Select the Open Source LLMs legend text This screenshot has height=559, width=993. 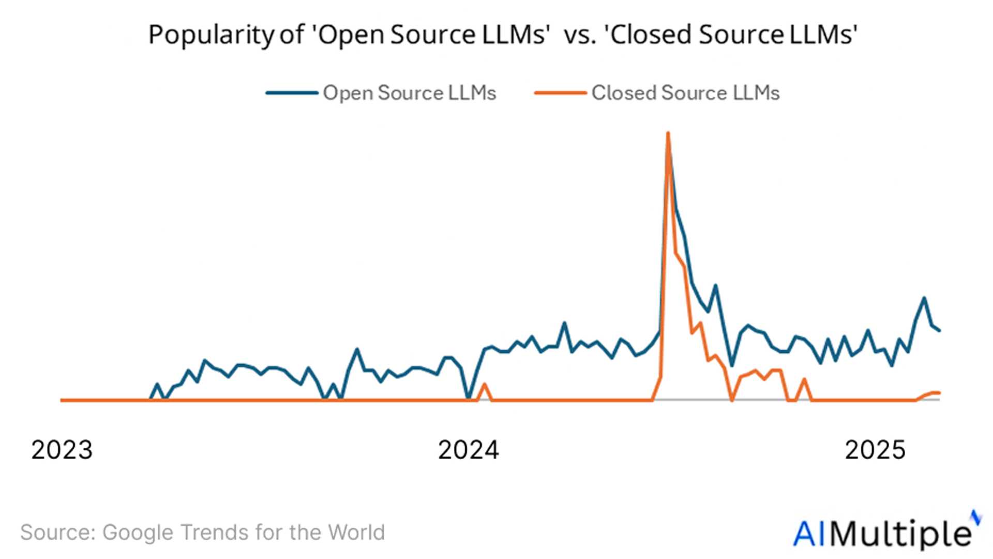point(409,93)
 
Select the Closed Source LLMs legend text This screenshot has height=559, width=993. point(685,93)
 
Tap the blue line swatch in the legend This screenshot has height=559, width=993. point(292,93)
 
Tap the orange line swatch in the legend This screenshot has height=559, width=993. point(560,93)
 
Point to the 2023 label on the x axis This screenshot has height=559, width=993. point(62,449)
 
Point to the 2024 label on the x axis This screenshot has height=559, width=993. point(469,449)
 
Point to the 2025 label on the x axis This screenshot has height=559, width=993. point(875,449)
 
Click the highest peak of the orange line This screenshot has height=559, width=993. point(668,134)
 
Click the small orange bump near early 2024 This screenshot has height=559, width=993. point(484,385)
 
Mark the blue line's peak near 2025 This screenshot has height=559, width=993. point(924,298)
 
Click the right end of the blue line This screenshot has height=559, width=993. point(939,330)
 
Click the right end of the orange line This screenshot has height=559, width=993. point(939,393)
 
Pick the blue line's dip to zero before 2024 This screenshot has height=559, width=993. point(469,398)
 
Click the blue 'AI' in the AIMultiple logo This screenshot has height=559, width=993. point(811,534)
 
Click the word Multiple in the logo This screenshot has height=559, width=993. point(902,534)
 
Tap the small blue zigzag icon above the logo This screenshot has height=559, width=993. point(975,517)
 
